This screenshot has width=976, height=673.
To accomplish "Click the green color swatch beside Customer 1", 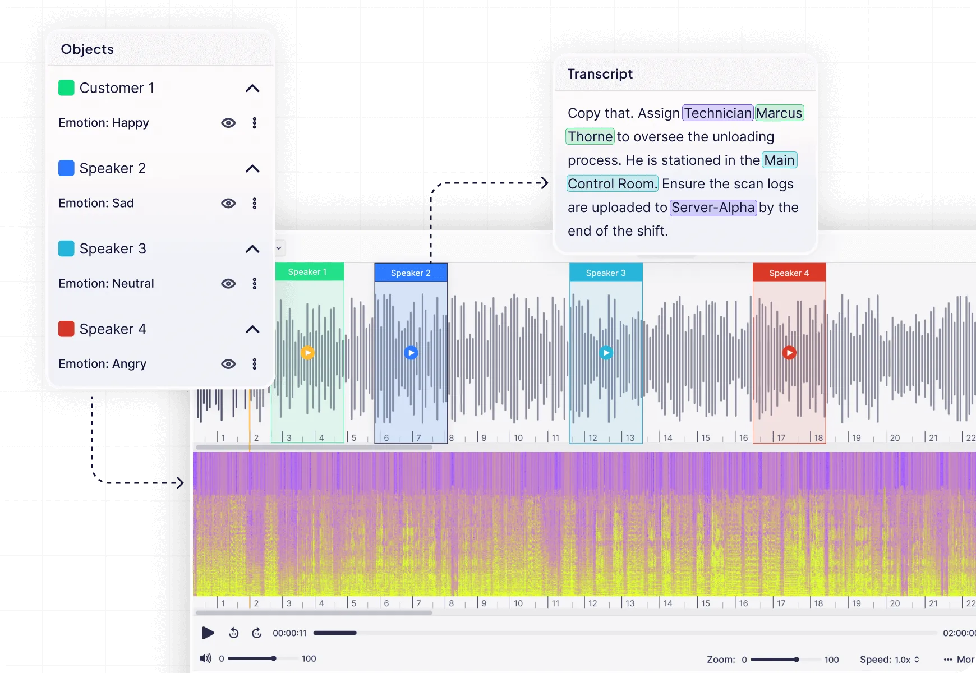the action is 66,88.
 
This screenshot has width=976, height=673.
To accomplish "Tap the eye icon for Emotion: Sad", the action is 228,203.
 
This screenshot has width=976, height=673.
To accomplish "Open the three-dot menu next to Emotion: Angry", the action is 255,364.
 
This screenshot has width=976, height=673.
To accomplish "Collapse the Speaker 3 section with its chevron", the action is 252,249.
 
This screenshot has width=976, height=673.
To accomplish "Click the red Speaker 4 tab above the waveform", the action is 789,273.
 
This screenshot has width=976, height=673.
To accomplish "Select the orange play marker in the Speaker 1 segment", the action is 307,353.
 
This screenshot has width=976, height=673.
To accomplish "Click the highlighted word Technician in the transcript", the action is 718,113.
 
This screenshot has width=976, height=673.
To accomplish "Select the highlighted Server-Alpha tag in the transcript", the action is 713,208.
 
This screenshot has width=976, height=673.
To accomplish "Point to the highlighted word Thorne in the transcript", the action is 590,137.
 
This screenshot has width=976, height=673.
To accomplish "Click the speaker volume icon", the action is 206,658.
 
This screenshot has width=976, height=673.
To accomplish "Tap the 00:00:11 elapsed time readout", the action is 289,633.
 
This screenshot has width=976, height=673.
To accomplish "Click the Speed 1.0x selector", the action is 890,660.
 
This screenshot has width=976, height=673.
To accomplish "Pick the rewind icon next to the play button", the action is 234,633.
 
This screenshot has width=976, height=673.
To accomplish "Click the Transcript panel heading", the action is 600,74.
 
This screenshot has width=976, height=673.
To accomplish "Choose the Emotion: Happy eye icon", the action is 228,123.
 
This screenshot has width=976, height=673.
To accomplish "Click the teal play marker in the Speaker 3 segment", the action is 606,353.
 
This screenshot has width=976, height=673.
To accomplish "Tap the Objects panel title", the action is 87,49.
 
